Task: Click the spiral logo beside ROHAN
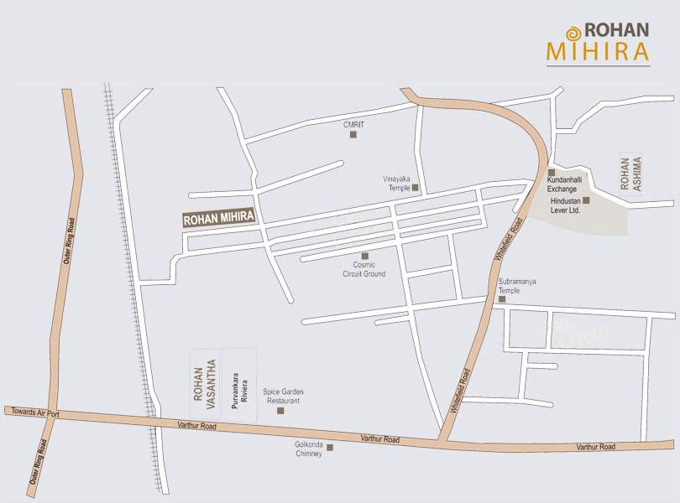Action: pos(573,34)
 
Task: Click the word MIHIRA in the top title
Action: pos(597,52)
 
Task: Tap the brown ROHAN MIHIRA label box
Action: pos(218,219)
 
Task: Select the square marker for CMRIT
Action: pos(353,134)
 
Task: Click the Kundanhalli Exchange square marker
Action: pos(551,172)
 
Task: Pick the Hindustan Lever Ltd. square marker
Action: pos(586,200)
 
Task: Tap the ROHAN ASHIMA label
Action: pos(630,175)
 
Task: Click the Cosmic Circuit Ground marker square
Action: pos(364,256)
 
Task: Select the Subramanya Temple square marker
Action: pos(502,298)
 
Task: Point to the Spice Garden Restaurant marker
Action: pos(280,410)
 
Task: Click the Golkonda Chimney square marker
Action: pos(330,447)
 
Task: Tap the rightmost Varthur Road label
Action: pos(595,447)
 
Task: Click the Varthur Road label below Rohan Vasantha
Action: pos(196,427)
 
